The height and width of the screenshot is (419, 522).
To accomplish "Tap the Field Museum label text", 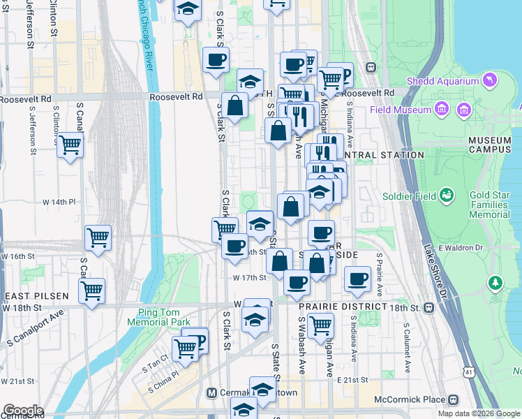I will pyautogui.click(x=401, y=110).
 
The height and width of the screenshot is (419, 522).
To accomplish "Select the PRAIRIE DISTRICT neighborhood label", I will pyautogui.click(x=343, y=307).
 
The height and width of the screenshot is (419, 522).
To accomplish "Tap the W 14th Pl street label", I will pyautogui.click(x=59, y=202).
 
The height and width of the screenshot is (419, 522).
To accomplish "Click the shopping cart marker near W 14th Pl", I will pyautogui.click(x=98, y=238).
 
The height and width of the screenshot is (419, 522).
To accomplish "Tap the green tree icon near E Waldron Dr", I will pyautogui.click(x=495, y=283).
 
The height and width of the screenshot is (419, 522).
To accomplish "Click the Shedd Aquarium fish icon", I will pyautogui.click(x=491, y=81).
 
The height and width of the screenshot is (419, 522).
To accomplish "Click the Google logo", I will pyautogui.click(x=22, y=411).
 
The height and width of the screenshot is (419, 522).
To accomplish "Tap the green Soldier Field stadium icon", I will pyautogui.click(x=447, y=196).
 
